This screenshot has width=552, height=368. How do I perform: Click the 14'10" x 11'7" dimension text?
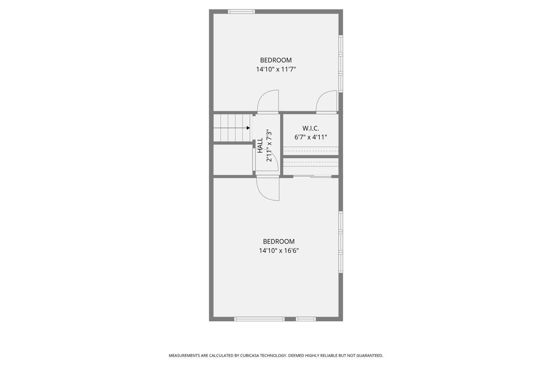click(276, 69)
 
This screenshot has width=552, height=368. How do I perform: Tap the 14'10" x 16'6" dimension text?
click(279, 251)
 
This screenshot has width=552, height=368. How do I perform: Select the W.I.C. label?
click(311, 128)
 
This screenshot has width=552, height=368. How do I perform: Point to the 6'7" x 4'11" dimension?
click(311, 137)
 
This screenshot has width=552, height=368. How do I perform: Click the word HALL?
click(260, 145)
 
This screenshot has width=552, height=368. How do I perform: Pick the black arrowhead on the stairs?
click(248, 128)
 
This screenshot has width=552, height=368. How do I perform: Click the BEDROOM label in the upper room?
click(276, 60)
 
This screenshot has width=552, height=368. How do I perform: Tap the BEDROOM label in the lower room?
click(279, 241)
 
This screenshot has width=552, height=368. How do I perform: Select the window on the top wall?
click(241, 11)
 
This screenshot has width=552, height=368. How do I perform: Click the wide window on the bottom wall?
click(259, 319)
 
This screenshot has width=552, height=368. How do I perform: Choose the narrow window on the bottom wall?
click(306, 319)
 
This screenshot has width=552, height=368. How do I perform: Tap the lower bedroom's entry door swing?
click(268, 189)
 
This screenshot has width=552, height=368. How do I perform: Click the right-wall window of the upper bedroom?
click(341, 64)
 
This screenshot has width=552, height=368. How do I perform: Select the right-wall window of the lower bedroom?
click(341, 242)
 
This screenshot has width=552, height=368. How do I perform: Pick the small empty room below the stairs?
click(233, 160)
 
